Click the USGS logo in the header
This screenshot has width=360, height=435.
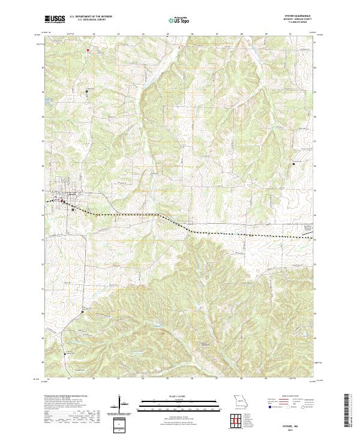55,20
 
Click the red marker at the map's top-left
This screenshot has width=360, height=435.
88,50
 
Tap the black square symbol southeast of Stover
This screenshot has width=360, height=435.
73,210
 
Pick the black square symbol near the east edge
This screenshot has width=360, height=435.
293,163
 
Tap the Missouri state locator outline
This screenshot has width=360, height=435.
241,401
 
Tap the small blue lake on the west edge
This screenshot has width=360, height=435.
44,100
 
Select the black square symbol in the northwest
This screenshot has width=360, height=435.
86,91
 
